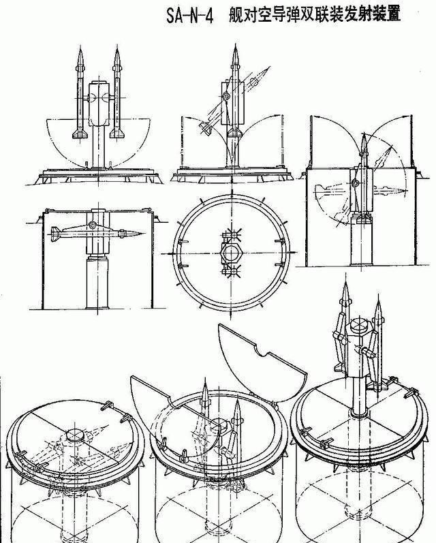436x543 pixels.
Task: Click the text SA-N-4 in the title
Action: (189, 15)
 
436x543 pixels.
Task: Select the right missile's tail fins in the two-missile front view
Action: (117, 134)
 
